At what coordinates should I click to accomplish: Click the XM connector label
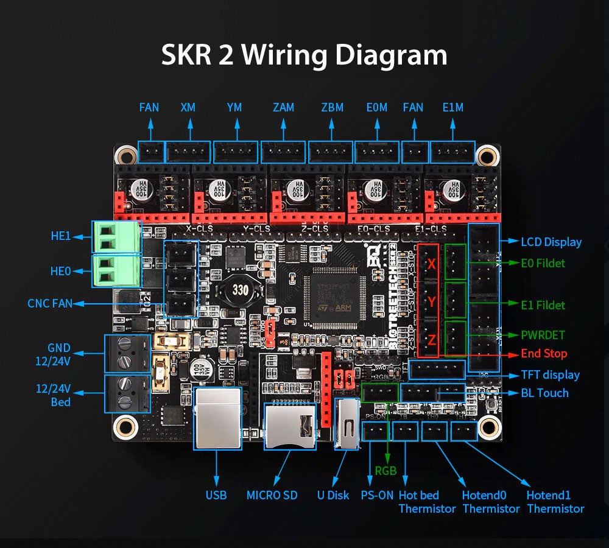188,108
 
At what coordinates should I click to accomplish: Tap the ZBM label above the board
332,108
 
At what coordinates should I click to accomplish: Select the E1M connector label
452,108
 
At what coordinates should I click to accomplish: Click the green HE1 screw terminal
116,237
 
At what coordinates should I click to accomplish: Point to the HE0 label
61,271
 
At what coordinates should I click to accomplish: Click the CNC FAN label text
50,303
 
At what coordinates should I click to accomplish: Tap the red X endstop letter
431,264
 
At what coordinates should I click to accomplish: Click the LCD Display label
551,242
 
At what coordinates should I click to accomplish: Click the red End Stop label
543,354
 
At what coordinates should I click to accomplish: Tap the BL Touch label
544,393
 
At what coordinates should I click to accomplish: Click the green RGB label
385,471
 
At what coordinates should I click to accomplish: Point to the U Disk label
333,496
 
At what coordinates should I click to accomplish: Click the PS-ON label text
377,496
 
